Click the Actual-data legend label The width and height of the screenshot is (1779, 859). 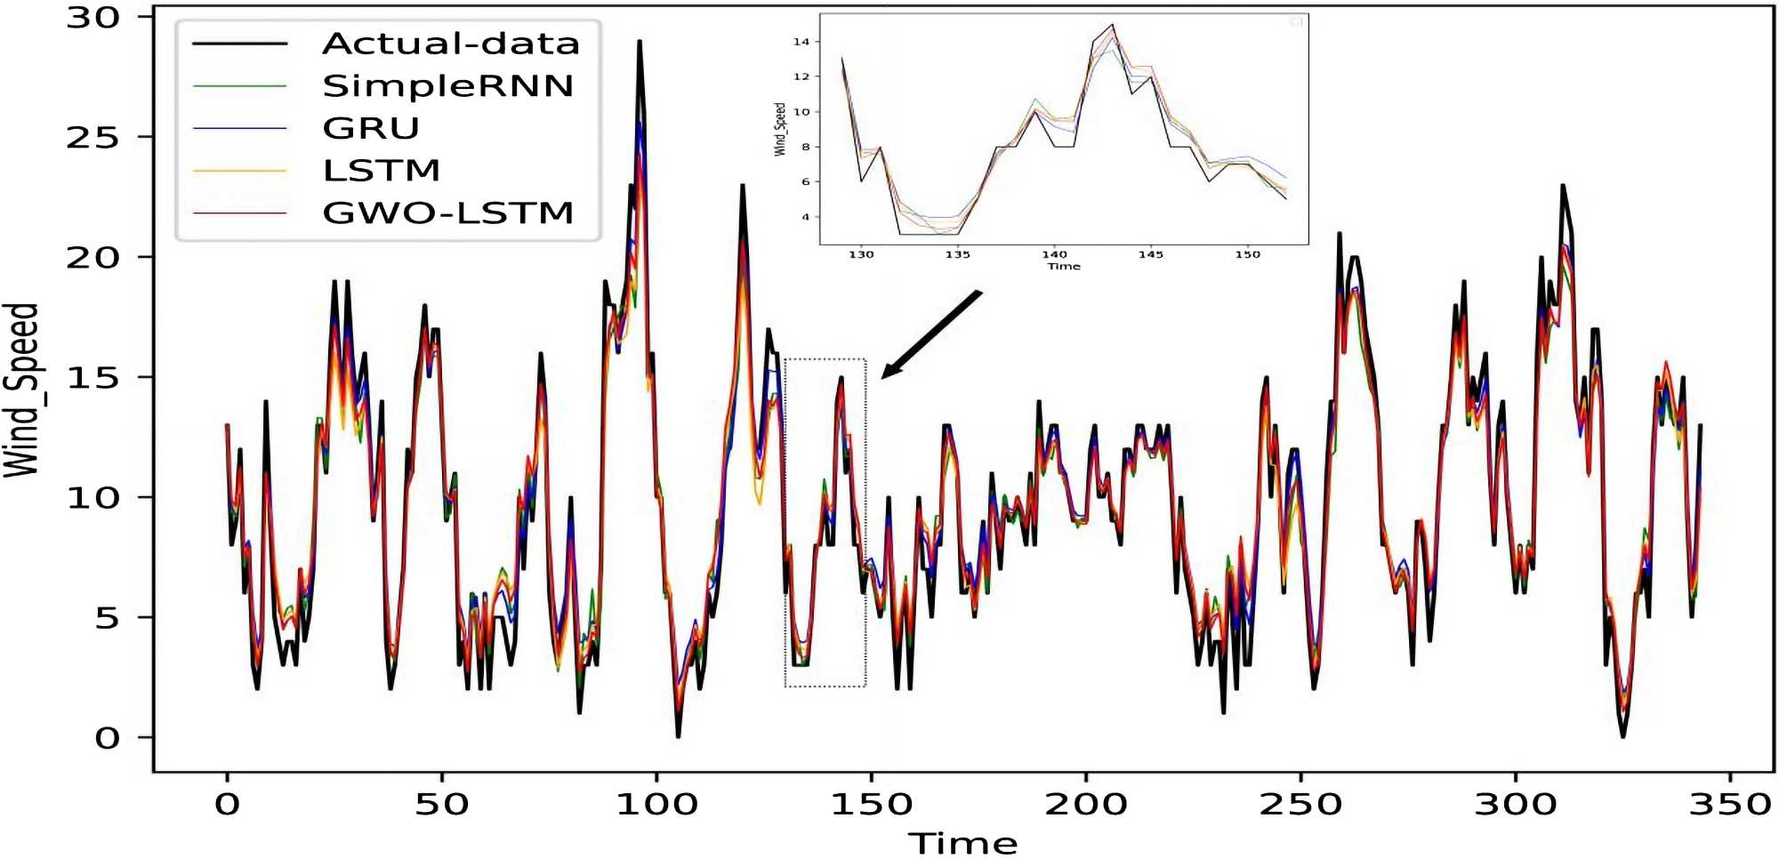click(450, 44)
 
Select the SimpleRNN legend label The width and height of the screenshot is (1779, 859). click(447, 86)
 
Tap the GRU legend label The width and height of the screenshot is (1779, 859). click(370, 128)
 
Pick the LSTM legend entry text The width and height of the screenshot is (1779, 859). click(381, 170)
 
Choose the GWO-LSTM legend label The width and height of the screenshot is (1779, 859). click(447, 213)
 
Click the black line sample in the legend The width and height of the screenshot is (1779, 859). click(240, 44)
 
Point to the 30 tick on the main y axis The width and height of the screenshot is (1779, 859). click(93, 18)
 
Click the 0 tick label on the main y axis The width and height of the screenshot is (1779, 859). click(107, 738)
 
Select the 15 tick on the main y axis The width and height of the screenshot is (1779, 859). click(93, 378)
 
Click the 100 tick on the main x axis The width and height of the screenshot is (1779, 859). click(656, 804)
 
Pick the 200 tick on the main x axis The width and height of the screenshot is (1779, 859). click(1086, 804)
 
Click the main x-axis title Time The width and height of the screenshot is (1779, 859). click(962, 843)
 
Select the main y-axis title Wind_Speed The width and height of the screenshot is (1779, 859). click(21, 389)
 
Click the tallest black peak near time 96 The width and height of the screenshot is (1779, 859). click(639, 43)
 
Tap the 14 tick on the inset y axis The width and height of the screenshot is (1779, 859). click(801, 42)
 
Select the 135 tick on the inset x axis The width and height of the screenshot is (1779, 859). click(957, 254)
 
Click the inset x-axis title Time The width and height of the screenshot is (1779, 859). click(1064, 266)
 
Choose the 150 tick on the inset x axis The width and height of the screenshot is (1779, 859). click(1247, 254)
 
